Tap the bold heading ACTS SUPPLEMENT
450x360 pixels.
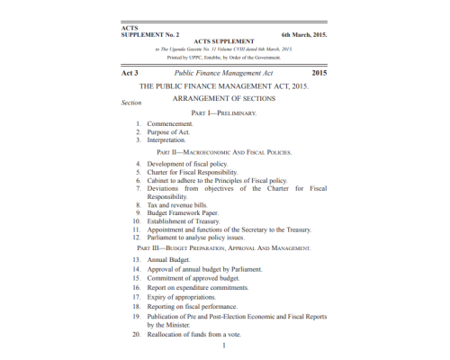point(224,41)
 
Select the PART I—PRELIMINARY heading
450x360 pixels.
point(224,114)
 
